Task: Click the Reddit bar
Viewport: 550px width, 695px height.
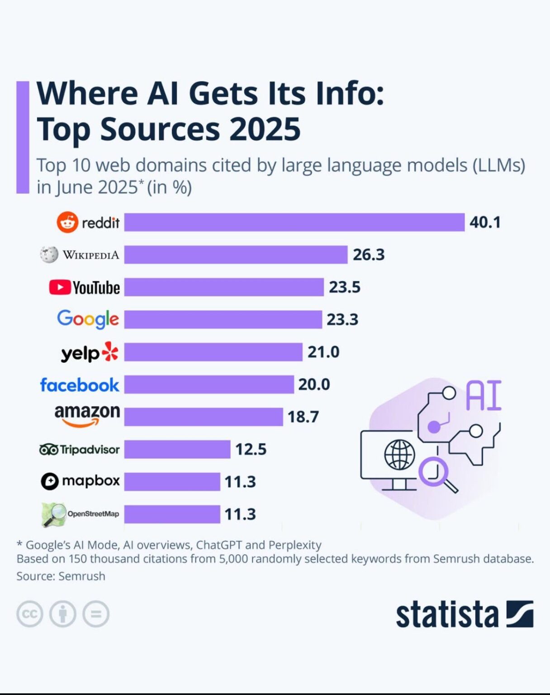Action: point(294,222)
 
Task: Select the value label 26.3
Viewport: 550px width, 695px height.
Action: point(368,255)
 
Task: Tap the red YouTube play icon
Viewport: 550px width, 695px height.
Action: point(60,287)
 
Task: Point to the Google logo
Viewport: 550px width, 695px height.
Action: point(88,319)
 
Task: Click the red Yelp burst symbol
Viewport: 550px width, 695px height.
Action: point(110,352)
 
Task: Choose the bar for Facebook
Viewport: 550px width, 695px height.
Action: point(209,384)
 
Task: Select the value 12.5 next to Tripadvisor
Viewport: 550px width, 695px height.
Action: point(251,449)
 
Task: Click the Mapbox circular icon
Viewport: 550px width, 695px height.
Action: point(50,481)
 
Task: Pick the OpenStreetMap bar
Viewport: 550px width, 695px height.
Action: point(172,514)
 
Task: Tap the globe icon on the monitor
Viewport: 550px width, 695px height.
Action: point(399,454)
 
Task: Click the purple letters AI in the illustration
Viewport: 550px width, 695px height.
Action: point(483,395)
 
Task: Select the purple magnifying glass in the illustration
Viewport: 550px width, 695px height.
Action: point(436,473)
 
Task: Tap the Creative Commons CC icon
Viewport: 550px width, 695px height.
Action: point(30,614)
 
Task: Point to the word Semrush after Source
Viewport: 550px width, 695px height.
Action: point(82,576)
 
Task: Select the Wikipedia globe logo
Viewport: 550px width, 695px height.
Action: point(49,255)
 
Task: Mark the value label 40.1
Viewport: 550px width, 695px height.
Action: point(484,222)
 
